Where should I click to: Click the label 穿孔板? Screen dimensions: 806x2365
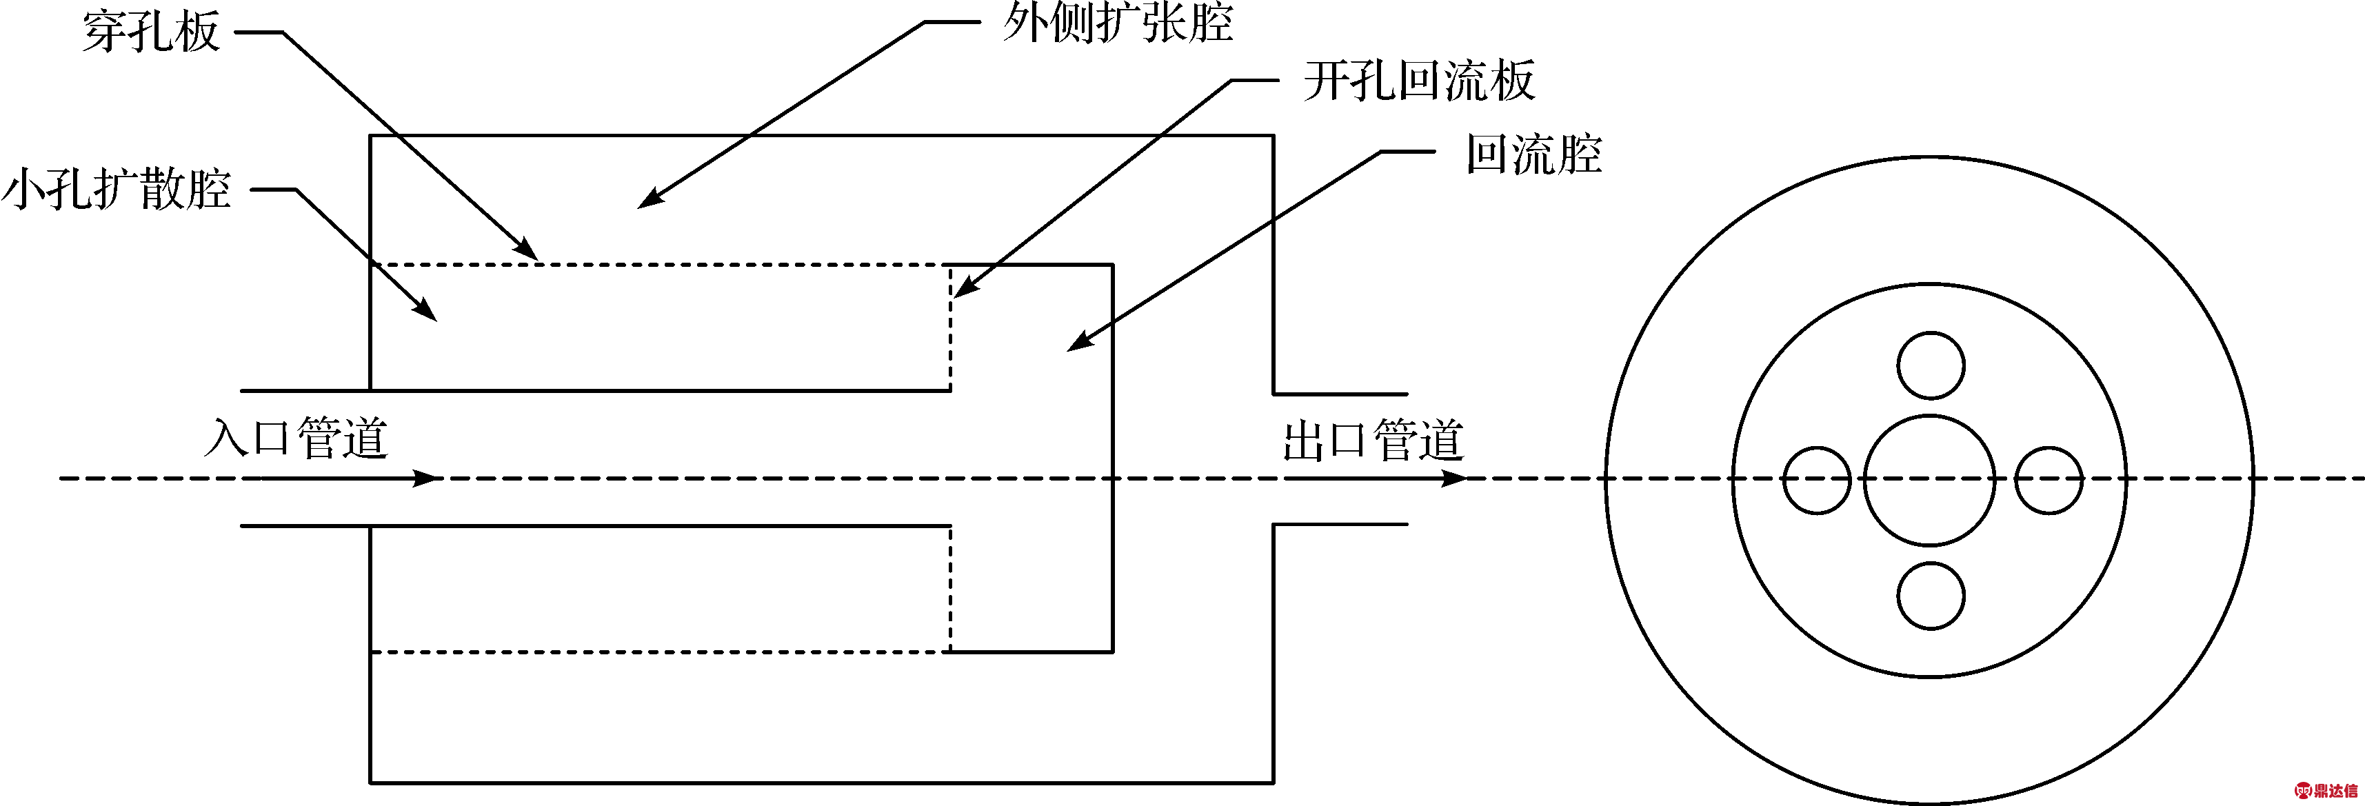click(x=152, y=32)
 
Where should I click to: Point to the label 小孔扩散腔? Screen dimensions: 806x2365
click(x=117, y=190)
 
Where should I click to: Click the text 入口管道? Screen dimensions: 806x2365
click(x=296, y=437)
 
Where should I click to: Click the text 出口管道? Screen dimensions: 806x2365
click(x=1373, y=440)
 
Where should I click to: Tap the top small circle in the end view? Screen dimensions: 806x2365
click(x=1931, y=365)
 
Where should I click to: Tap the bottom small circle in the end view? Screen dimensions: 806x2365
click(x=1931, y=596)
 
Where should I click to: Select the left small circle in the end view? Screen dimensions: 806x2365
click(x=1816, y=480)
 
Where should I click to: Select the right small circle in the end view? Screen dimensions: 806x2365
click(x=2049, y=480)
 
